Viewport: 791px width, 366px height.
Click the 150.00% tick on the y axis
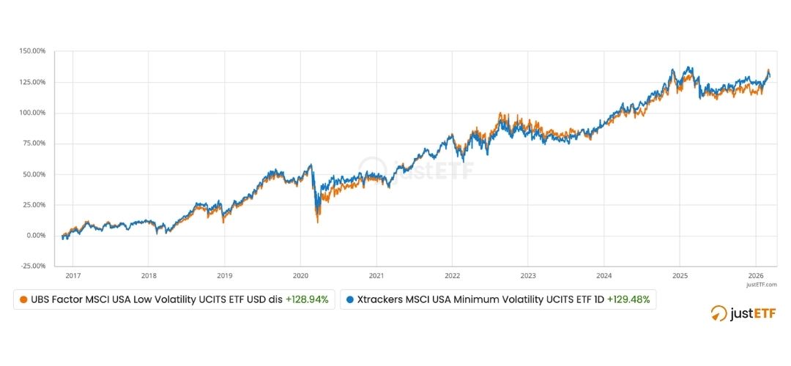point(33,51)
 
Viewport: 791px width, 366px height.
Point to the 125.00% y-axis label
point(33,82)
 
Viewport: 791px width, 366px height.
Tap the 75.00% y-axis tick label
point(34,143)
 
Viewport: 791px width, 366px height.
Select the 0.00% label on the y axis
point(36,236)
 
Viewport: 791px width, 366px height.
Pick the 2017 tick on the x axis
point(73,276)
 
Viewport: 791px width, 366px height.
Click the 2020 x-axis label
point(300,276)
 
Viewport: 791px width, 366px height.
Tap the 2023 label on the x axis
point(528,276)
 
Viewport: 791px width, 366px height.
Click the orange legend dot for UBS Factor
point(23,299)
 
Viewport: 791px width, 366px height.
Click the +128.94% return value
point(308,299)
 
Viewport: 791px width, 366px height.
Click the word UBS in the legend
point(40,299)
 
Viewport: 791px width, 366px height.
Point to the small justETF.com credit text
point(762,284)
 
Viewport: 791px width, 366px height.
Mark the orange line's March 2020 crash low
point(317,222)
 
